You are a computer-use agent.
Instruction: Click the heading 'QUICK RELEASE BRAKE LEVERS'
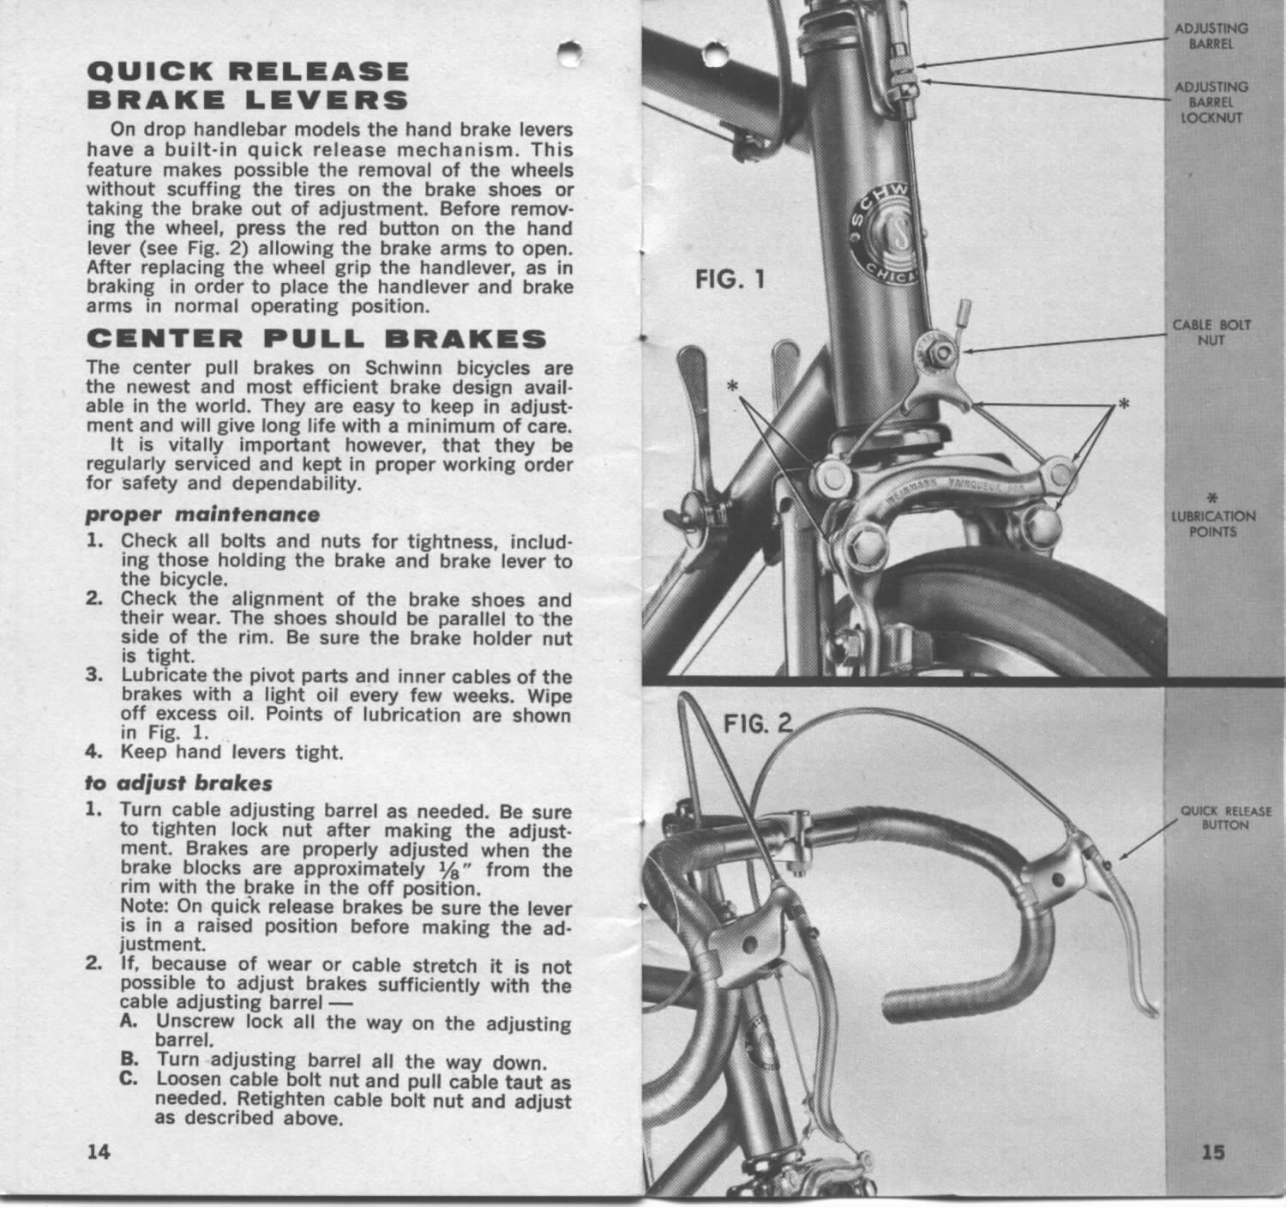click(x=248, y=85)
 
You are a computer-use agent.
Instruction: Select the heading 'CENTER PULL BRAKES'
click(x=316, y=339)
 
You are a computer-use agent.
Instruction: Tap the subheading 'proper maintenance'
click(x=203, y=515)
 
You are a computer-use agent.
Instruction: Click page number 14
click(x=99, y=1151)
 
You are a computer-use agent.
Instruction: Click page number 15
click(x=1212, y=1152)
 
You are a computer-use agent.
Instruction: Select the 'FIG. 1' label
click(x=729, y=281)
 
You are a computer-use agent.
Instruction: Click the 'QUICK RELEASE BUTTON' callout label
click(x=1225, y=818)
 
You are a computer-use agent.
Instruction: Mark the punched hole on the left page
click(x=566, y=53)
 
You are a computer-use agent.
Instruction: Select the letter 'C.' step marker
click(x=129, y=1081)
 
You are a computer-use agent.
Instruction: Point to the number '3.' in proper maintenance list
click(x=94, y=675)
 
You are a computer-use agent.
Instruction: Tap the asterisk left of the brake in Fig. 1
click(x=733, y=388)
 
